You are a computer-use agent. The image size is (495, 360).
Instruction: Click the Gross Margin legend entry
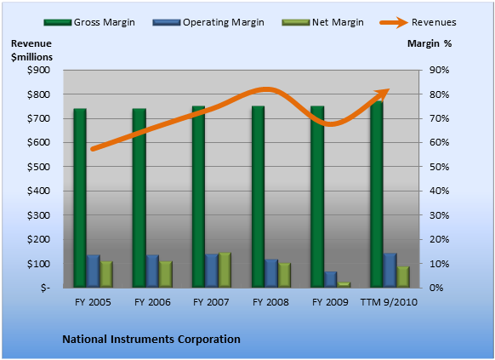89,22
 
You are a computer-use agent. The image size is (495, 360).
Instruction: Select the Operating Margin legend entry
208,22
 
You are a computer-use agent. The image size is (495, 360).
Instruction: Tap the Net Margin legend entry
322,22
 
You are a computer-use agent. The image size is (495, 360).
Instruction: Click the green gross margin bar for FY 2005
80,198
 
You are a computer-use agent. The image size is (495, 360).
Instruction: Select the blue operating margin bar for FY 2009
331,279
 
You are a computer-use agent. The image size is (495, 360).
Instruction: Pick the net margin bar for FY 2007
225,270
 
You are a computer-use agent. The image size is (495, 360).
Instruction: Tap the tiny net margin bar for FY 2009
344,284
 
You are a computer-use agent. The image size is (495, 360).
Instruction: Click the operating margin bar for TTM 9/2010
390,271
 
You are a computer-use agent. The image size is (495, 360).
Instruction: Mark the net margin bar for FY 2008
284,275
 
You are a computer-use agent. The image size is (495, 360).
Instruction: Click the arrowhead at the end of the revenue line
383,94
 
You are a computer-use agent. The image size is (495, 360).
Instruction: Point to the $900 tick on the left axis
38,70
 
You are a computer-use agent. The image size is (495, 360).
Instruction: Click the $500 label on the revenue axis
38,167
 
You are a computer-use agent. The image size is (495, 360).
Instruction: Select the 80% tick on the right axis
439,94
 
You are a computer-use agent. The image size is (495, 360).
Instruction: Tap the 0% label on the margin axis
436,288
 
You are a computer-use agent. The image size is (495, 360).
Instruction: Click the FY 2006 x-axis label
152,302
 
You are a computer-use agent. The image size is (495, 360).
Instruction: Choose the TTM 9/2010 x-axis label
389,302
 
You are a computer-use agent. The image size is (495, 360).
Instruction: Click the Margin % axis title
430,43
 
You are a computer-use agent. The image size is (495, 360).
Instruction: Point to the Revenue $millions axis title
31,50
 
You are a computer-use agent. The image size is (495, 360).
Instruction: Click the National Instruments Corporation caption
151,340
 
